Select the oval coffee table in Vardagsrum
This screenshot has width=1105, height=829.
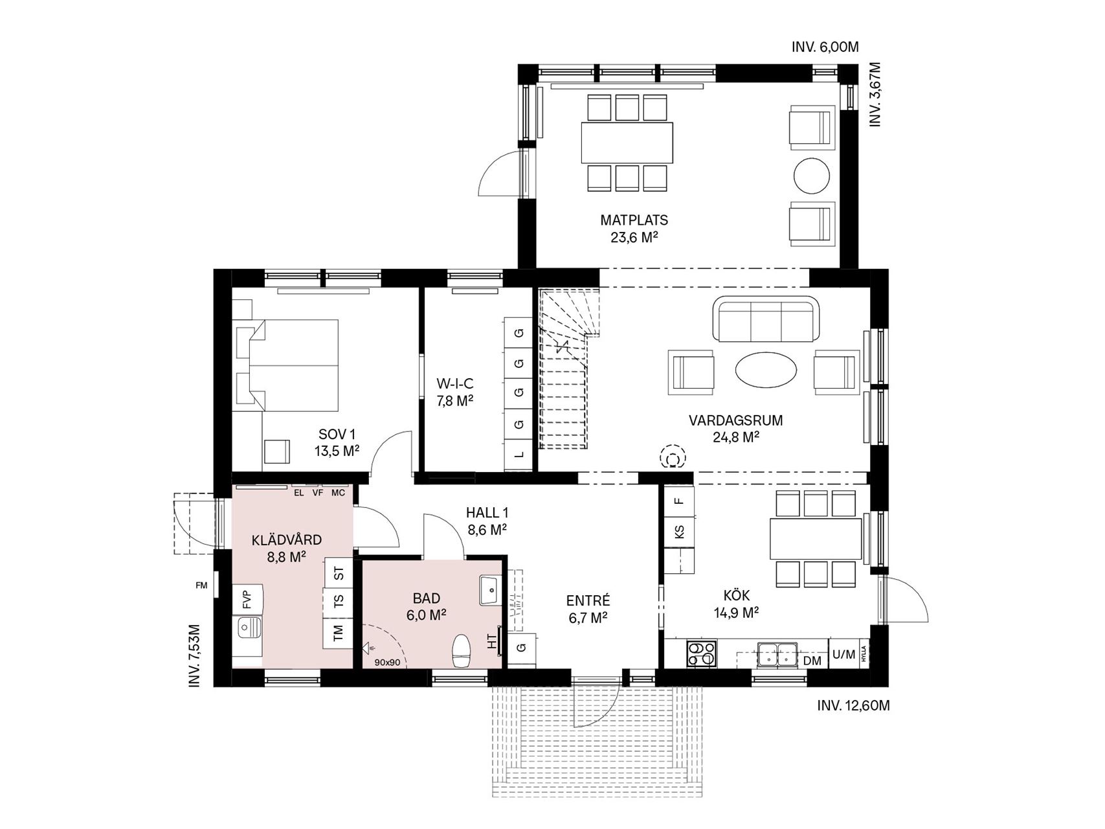pos(766,370)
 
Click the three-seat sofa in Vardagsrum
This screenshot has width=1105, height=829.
pos(766,319)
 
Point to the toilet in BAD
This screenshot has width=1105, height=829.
pos(462,651)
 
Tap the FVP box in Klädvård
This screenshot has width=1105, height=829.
pos(247,599)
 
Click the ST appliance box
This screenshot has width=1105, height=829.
pos(338,573)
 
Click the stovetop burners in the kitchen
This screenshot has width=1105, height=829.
pos(702,653)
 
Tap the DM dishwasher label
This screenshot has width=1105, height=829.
pos(812,661)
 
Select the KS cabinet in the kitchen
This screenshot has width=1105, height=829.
pos(678,532)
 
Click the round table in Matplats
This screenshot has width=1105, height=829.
pos(811,175)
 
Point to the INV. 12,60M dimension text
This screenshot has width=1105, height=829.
pos(853,705)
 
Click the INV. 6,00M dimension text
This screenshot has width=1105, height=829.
pos(825,47)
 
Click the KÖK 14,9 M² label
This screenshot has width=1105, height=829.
pos(741,603)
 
